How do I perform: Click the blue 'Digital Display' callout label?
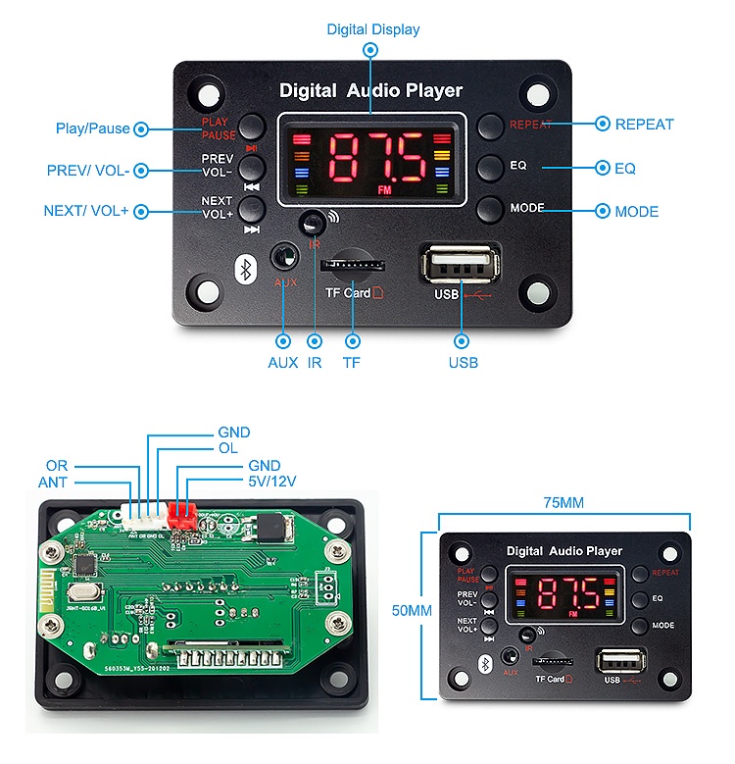[372, 29]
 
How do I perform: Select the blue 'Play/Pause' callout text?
[92, 128]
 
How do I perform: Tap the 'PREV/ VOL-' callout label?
[88, 170]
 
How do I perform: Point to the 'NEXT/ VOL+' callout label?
[86, 211]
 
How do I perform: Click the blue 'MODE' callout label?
[636, 211]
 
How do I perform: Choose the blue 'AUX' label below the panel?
[283, 362]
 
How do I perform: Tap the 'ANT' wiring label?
[53, 482]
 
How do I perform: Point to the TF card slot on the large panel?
[348, 265]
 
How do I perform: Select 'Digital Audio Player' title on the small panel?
[563, 551]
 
